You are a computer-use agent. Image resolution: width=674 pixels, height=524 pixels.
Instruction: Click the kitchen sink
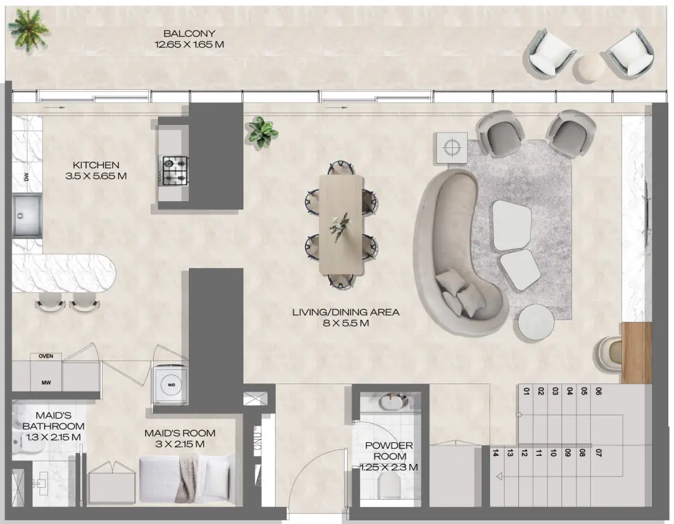click(x=28, y=215)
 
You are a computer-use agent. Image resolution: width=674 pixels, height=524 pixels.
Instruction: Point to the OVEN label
click(x=46, y=356)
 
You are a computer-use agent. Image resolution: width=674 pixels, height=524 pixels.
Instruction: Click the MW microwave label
click(x=46, y=382)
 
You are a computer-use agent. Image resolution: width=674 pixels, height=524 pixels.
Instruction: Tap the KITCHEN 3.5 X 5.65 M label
click(x=96, y=171)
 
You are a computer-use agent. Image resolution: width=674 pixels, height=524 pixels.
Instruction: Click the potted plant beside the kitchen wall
click(x=262, y=132)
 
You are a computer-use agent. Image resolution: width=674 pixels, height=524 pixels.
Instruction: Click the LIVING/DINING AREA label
click(x=346, y=317)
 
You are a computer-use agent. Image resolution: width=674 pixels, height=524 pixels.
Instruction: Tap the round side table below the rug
click(x=536, y=322)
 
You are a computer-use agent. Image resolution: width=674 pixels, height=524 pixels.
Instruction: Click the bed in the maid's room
click(x=184, y=478)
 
